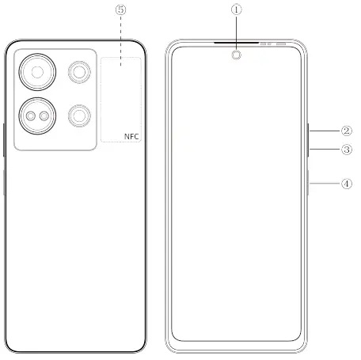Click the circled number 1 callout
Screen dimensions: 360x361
235,10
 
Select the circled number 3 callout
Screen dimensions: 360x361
346,149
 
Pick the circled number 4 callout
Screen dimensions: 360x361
346,184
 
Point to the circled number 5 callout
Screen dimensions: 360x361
120,10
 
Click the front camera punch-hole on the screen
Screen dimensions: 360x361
235,55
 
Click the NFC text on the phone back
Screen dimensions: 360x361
131,136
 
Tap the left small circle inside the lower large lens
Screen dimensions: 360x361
31,116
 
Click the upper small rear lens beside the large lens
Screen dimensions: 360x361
78,73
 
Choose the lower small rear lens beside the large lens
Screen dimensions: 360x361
78,116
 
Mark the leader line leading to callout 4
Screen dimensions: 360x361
325,184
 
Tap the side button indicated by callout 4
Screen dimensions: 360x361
308,184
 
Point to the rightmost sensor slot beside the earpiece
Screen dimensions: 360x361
280,44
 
